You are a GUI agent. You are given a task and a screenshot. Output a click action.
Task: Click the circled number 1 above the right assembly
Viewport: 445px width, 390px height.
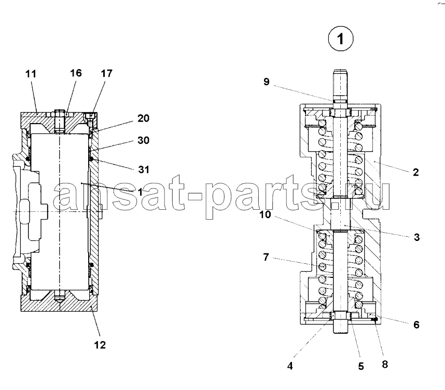(x=341, y=38)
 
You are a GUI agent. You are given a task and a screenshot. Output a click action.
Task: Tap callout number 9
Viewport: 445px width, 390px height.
(x=266, y=82)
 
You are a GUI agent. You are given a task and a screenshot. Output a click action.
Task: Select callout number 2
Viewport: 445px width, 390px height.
(x=415, y=172)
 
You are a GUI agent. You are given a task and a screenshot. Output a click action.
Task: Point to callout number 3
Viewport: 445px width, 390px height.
(x=416, y=237)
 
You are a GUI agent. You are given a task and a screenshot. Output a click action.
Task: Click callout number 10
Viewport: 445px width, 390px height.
(x=266, y=214)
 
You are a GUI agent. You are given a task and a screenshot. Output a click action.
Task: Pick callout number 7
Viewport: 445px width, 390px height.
(x=266, y=257)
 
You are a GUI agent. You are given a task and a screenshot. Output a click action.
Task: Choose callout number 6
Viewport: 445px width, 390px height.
(x=416, y=325)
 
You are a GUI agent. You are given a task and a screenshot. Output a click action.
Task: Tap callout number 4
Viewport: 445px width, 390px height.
(x=290, y=366)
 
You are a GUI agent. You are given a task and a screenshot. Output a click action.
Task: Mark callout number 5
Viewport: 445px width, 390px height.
(x=360, y=366)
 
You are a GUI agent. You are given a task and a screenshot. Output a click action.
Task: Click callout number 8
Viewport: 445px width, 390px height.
(x=385, y=365)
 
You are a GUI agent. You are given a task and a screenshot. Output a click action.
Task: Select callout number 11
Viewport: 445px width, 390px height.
(x=31, y=74)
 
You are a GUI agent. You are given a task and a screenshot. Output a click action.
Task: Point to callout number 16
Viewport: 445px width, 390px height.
(x=76, y=73)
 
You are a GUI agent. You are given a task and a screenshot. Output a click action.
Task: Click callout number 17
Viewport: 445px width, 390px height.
(x=107, y=73)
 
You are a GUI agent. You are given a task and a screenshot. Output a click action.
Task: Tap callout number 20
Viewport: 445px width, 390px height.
(x=143, y=118)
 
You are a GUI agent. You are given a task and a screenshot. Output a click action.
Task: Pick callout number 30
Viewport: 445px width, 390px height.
(x=143, y=140)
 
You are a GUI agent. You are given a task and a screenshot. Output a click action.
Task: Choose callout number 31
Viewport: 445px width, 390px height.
(x=144, y=169)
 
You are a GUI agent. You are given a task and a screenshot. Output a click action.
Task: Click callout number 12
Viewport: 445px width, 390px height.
(x=100, y=345)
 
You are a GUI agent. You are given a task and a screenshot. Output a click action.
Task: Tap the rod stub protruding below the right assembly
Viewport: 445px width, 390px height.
(x=340, y=327)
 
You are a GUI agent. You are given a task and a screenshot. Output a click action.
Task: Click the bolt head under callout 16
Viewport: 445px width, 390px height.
(x=59, y=112)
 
